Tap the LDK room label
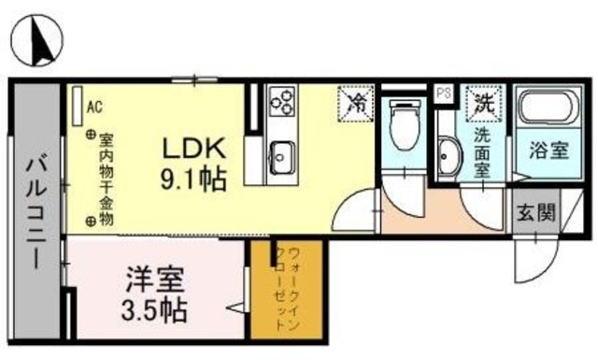tap(194, 148)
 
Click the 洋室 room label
tap(154, 279)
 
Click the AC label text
tap(93, 107)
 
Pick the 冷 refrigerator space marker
tap(356, 101)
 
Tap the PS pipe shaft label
tap(445, 92)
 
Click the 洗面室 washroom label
tap(483, 151)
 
